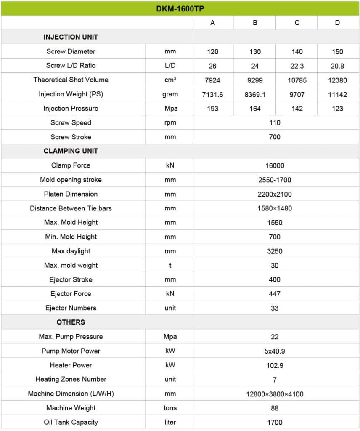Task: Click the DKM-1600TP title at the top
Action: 180,8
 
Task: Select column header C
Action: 297,23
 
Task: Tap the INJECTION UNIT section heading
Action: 71,37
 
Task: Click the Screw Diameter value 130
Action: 255,52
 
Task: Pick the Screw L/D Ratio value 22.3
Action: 297,66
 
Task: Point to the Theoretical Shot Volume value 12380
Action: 337,80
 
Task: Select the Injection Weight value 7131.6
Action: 213,95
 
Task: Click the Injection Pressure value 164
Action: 255,109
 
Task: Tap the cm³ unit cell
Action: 170,80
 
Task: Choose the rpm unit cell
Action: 170,123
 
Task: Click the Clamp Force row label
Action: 71,165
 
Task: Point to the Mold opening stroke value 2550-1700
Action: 275,180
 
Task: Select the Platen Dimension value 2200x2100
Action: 275,194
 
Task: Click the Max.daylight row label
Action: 71,251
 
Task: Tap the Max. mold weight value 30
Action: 275,266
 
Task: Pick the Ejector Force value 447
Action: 275,294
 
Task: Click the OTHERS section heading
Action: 71,322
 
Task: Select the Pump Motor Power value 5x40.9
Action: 275,351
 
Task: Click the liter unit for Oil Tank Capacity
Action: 170,422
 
